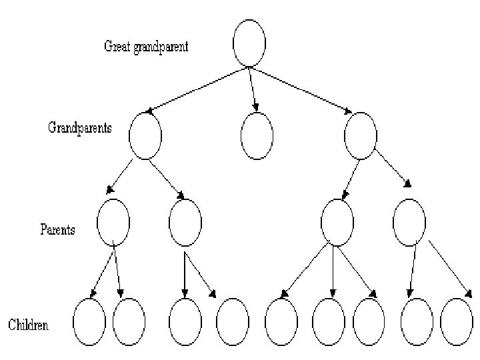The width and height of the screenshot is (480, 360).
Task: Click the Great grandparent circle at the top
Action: (x=249, y=43)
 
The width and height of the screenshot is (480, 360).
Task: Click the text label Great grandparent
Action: (x=146, y=47)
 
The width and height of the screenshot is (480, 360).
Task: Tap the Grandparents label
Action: (x=79, y=127)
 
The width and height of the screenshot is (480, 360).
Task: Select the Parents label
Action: (x=57, y=230)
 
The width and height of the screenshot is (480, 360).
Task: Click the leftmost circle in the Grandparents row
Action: (x=145, y=135)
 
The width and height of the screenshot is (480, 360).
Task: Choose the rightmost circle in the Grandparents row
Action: (x=361, y=135)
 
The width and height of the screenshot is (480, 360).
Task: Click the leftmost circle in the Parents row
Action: (x=113, y=222)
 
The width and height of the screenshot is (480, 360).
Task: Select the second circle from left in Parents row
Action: (x=185, y=222)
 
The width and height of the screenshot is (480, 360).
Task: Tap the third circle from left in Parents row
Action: (x=337, y=222)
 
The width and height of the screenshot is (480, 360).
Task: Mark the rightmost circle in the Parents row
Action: (x=409, y=222)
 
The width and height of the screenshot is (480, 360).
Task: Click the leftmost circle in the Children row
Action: (x=89, y=321)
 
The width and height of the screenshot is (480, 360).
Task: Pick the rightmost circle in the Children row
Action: (x=457, y=321)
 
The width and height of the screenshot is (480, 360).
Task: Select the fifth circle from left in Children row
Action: (x=281, y=321)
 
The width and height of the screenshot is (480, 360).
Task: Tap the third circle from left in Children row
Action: (x=185, y=321)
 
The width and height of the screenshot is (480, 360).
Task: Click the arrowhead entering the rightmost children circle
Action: (x=469, y=293)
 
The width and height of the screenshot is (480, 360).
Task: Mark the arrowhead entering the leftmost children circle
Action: (x=93, y=293)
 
